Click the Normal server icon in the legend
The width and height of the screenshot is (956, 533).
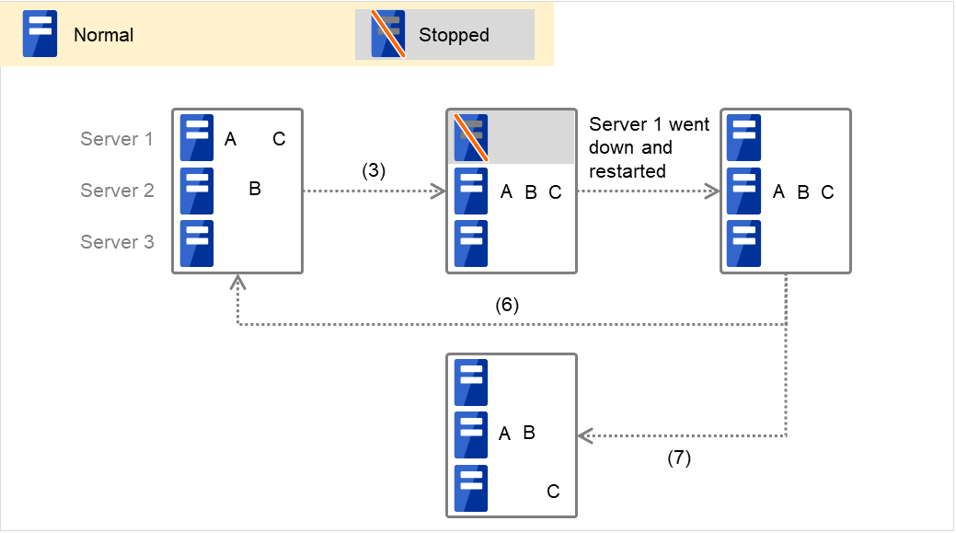(x=40, y=35)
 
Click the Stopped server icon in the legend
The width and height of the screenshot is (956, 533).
(x=388, y=35)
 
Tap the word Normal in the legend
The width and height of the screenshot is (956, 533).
(x=103, y=36)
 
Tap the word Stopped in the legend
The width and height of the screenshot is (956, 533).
(x=454, y=36)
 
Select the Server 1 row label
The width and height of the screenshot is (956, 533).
(x=117, y=139)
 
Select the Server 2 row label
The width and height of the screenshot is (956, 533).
(x=117, y=191)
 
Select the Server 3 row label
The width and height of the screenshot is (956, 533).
(x=117, y=242)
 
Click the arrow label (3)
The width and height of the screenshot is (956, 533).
(x=373, y=170)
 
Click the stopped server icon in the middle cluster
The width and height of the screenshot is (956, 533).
(x=470, y=138)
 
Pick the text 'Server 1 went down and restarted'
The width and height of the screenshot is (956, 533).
(x=649, y=147)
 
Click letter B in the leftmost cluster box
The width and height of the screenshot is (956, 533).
(x=255, y=190)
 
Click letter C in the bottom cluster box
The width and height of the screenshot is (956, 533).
(x=553, y=492)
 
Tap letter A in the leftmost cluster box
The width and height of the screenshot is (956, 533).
(x=230, y=139)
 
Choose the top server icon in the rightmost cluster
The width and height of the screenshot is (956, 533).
(x=743, y=138)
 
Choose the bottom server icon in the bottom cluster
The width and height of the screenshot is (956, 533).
(x=471, y=488)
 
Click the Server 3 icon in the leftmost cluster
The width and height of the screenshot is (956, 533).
(x=196, y=243)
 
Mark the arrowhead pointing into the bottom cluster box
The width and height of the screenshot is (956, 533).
(x=583, y=435)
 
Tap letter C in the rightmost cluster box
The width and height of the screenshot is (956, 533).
(x=827, y=192)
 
